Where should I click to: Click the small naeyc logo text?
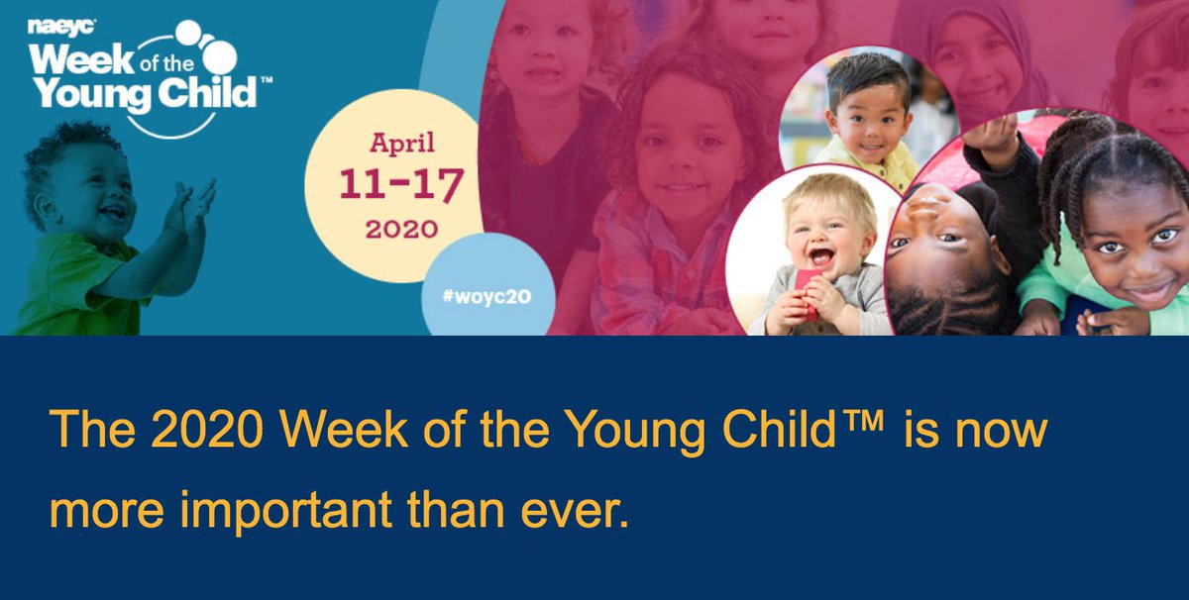pos(52,28)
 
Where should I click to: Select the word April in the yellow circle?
pos(402,144)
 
